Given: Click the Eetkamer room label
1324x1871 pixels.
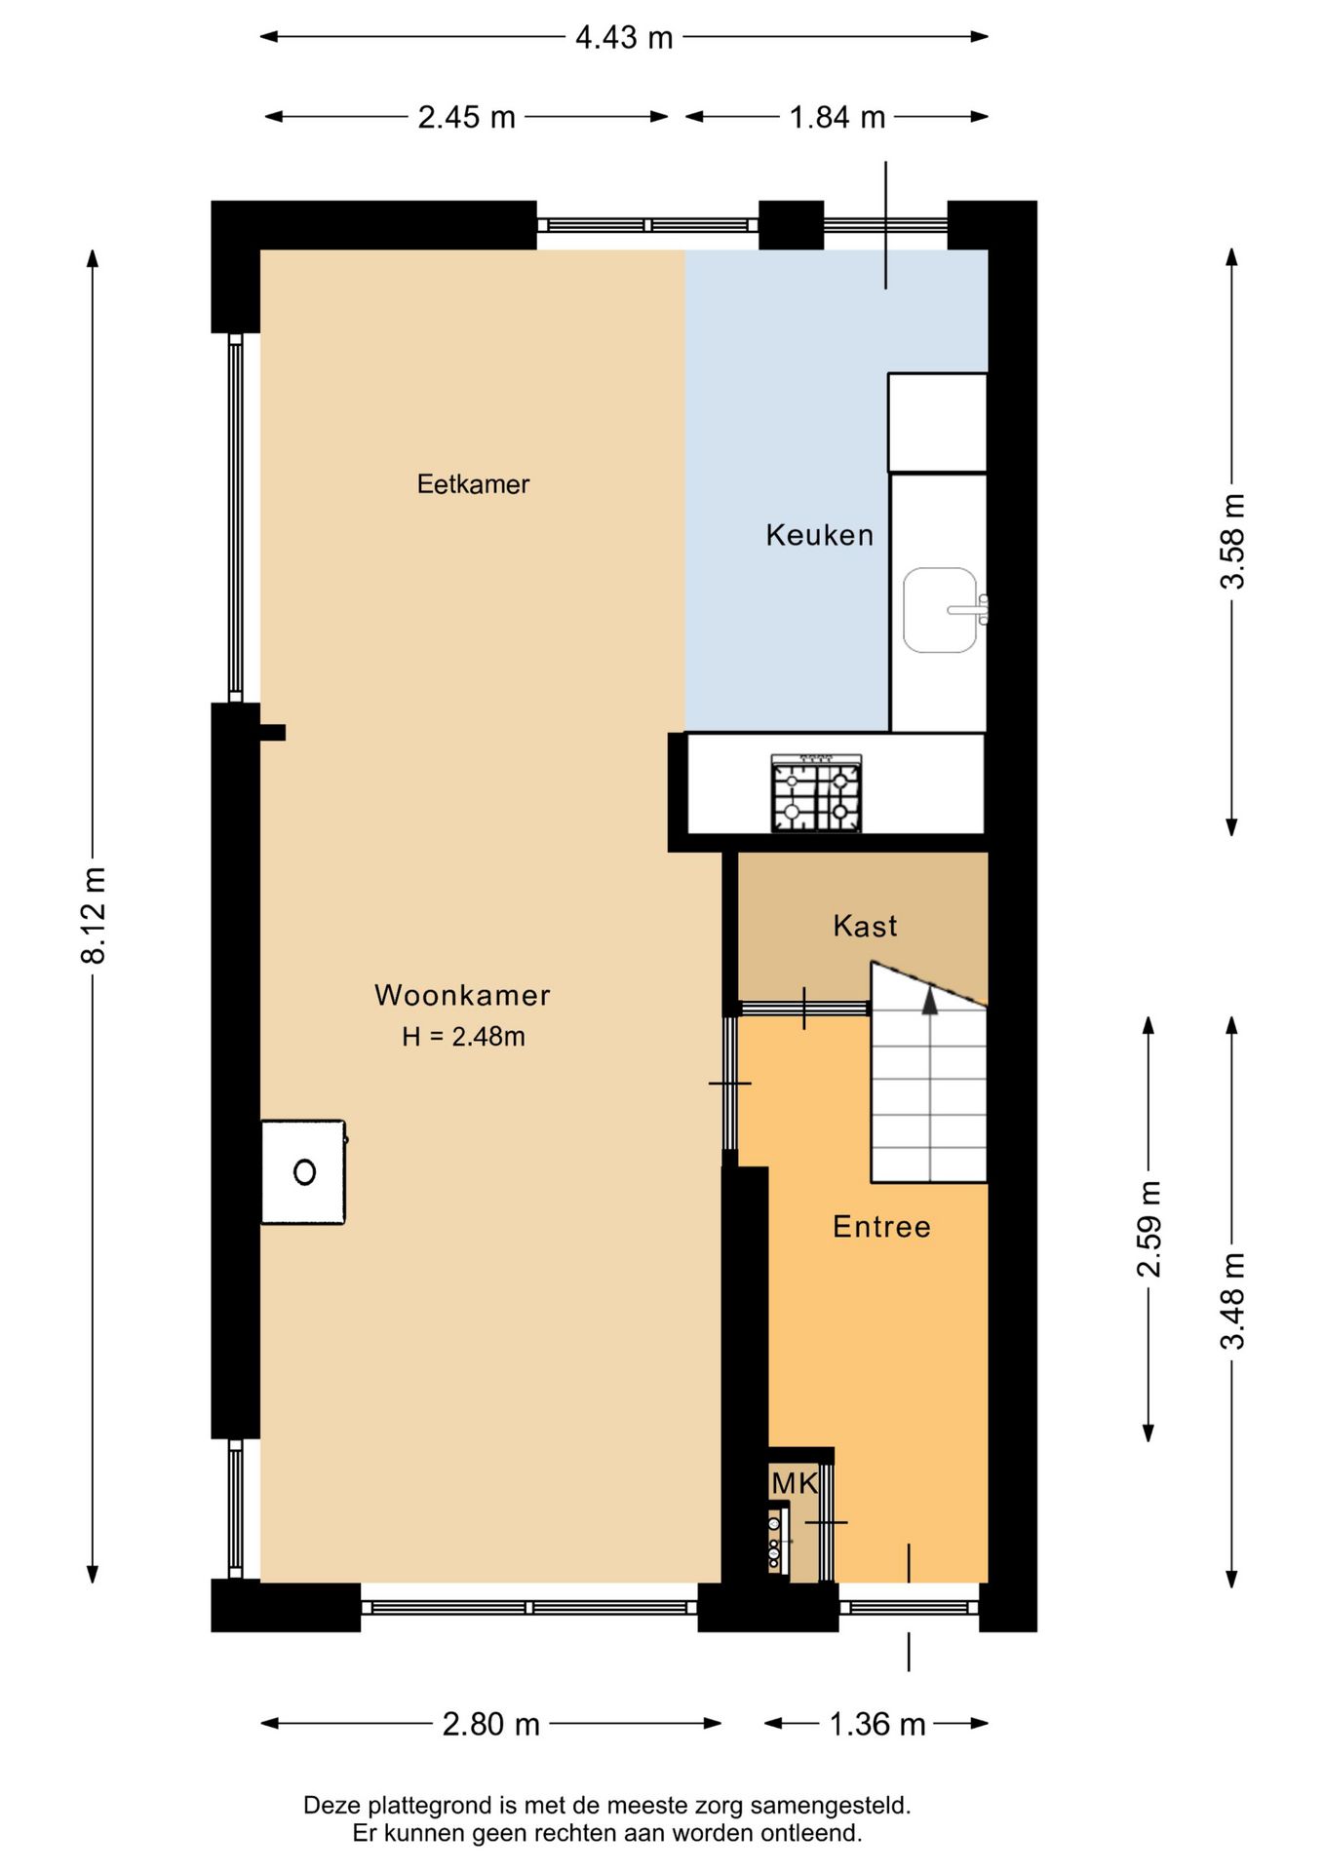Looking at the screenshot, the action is coord(473,484).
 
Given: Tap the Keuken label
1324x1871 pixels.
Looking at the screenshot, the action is coord(820,535).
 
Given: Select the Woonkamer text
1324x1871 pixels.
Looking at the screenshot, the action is coord(463,995).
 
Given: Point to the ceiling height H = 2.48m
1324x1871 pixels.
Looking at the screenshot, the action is coord(463,1036).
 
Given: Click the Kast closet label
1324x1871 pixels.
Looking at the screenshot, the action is coord(865,926).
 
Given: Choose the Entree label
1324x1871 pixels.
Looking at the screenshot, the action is coord(882,1226).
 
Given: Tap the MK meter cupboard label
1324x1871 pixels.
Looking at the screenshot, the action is coord(795,1483).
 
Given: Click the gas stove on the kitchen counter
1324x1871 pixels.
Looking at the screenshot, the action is coord(817,793).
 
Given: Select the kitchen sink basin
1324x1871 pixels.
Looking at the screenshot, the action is coord(940,610).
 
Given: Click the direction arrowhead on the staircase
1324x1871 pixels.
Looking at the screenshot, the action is coord(930,1002).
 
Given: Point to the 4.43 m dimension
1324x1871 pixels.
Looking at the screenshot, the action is coord(624,37).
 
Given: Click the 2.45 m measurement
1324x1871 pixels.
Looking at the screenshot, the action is coord(467,117).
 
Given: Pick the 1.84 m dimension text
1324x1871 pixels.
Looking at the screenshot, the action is coord(837,117).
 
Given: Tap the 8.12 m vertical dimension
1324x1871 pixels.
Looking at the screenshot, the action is coord(93,915).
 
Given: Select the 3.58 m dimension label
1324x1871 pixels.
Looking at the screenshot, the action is coord(1232,541).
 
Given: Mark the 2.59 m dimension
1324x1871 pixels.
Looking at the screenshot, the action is coord(1149,1229).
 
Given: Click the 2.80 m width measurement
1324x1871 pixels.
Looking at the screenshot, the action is coord(491,1724).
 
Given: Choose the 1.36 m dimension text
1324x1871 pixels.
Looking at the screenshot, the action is coord(877,1724).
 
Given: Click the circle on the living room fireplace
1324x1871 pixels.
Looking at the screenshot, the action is coord(304,1172).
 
